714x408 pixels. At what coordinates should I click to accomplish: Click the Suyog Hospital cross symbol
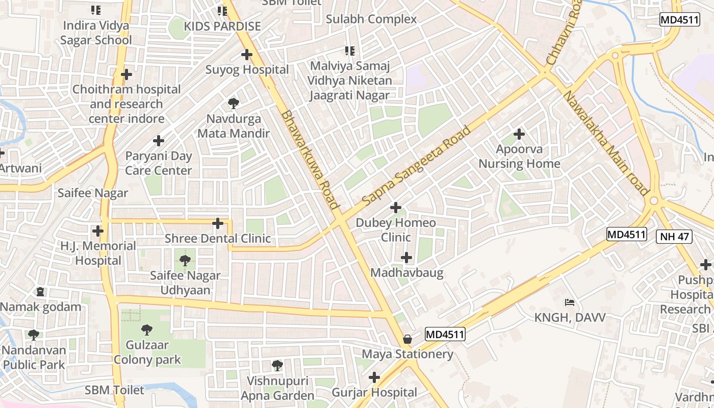tap(247, 54)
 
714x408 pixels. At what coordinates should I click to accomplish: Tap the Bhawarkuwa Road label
tap(310, 160)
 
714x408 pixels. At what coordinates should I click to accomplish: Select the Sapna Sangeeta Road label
tap(416, 166)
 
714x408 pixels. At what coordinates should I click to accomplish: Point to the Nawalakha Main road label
tap(605, 143)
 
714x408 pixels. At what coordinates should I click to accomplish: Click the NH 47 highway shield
tap(674, 236)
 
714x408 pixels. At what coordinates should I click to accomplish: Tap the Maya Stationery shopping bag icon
tap(407, 339)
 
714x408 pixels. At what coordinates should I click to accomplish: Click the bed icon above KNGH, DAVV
tap(570, 302)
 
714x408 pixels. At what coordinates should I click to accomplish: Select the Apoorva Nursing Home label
tap(519, 157)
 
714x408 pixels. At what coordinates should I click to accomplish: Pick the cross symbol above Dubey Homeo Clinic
tap(396, 208)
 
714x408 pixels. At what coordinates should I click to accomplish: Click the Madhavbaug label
tap(406, 272)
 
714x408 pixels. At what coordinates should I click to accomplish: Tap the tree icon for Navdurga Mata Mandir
tap(234, 104)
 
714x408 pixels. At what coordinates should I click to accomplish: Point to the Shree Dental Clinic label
tap(218, 238)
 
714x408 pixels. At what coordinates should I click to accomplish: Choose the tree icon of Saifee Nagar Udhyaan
tap(185, 261)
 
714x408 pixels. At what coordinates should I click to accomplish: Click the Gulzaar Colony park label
tap(147, 352)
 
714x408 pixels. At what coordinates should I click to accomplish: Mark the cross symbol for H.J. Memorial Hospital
tap(98, 231)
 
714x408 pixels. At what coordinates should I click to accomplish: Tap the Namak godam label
tap(41, 307)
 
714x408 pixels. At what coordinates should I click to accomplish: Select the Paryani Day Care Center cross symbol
tap(159, 141)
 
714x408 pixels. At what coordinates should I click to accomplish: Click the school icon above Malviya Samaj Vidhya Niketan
tap(350, 51)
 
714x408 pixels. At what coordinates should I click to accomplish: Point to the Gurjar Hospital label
tap(374, 392)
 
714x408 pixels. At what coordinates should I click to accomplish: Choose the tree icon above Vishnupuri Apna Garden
tap(277, 365)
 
